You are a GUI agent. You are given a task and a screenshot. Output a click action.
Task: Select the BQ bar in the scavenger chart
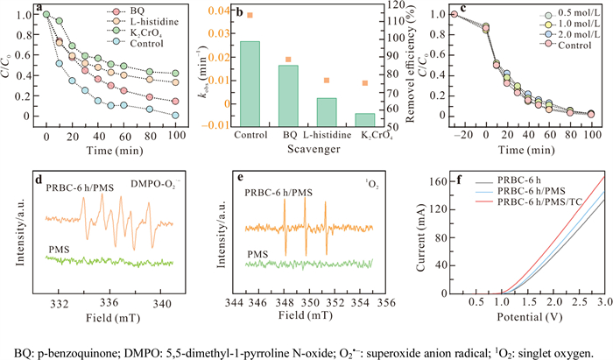point(287,97)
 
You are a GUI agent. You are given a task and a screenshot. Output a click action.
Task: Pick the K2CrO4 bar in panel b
point(364,119)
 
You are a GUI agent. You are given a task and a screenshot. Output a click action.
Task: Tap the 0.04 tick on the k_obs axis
point(215,10)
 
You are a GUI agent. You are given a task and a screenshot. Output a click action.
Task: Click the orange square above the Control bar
point(250,15)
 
